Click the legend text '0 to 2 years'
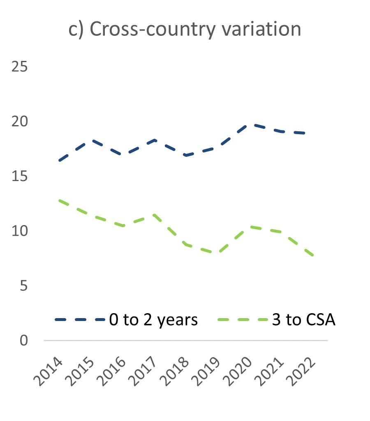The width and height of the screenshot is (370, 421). pos(153,320)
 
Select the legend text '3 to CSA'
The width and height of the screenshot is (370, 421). pos(304,320)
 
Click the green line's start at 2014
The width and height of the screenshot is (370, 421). pos(60,200)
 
